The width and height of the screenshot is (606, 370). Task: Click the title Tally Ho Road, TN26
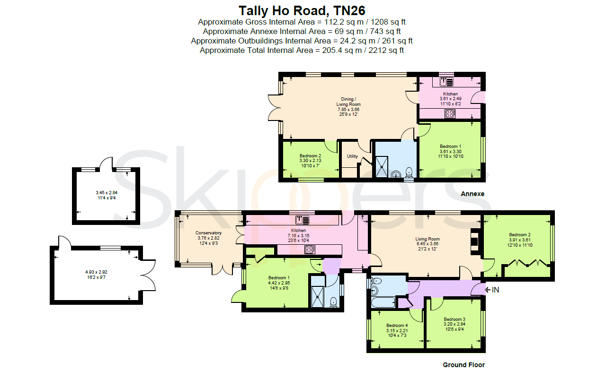(x=302, y=11)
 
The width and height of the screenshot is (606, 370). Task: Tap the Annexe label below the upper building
(x=472, y=194)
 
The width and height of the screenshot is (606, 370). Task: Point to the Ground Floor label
(x=463, y=365)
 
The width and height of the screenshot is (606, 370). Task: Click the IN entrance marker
(x=492, y=290)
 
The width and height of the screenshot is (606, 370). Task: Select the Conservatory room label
(x=208, y=233)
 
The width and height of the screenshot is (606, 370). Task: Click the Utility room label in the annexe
(x=352, y=156)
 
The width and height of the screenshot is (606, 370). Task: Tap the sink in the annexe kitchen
(x=446, y=82)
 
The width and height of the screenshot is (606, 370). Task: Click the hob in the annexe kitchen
(x=450, y=114)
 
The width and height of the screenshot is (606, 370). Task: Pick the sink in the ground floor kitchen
(x=302, y=220)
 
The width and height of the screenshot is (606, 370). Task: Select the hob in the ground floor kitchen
(x=310, y=250)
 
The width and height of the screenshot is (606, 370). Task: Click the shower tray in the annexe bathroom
(x=382, y=167)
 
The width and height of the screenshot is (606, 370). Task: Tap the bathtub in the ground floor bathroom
(x=383, y=302)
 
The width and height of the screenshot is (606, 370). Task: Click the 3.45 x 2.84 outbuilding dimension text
(x=107, y=193)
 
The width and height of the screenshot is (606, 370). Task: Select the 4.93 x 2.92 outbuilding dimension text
(x=96, y=272)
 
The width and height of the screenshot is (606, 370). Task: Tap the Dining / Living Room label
(x=348, y=102)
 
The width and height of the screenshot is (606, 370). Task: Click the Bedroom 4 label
(x=397, y=326)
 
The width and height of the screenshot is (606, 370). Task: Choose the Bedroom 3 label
(x=454, y=319)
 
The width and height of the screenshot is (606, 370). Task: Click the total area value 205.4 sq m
(x=342, y=51)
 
